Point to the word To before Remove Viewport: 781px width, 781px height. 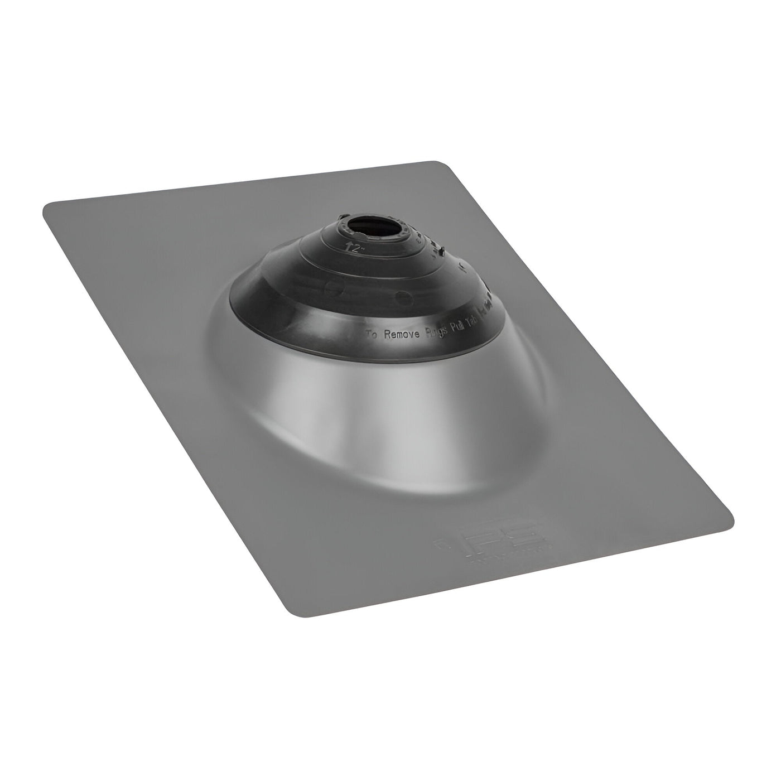pos(372,335)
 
